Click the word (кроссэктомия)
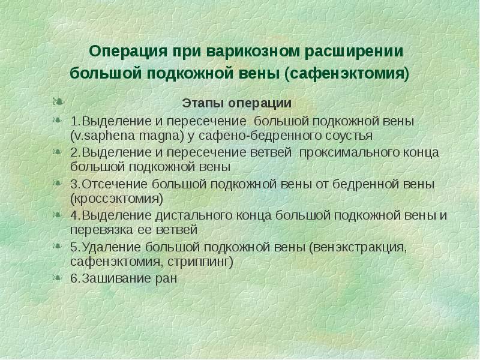coord(116,197)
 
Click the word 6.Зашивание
coord(112,279)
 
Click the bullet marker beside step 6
coord(58,278)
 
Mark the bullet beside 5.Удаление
coord(58,246)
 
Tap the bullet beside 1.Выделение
coord(58,120)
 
